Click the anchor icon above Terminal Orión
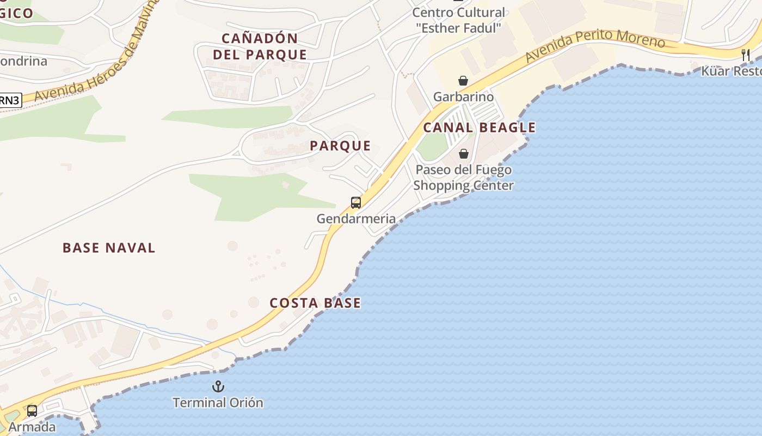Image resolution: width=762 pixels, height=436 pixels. click(x=218, y=386)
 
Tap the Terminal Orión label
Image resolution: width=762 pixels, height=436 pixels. click(x=218, y=403)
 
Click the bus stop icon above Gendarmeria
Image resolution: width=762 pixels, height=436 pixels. click(x=356, y=203)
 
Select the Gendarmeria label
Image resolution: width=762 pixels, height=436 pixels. click(x=356, y=219)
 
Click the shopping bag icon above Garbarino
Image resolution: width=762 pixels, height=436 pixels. click(x=463, y=81)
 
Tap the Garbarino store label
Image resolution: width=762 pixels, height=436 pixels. click(x=463, y=97)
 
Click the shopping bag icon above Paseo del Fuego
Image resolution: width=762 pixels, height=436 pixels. click(x=463, y=154)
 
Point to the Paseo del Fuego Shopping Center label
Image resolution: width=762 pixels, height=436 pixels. click(x=463, y=178)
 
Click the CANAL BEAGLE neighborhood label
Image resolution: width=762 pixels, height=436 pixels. click(x=480, y=128)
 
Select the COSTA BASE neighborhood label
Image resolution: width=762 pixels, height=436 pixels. click(x=315, y=303)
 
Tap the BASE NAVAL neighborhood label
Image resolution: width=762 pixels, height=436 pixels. click(x=109, y=248)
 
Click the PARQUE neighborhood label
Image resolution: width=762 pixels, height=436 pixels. click(x=340, y=146)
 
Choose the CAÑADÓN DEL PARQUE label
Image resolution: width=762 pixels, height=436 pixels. click(x=260, y=46)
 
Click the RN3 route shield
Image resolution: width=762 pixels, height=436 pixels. click(x=10, y=100)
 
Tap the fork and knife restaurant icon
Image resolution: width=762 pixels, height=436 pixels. click(x=746, y=55)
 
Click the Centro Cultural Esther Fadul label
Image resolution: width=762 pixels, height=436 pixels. click(x=458, y=20)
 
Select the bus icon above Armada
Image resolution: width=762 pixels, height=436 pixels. click(x=32, y=410)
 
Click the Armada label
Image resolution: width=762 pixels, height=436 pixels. click(x=32, y=427)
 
